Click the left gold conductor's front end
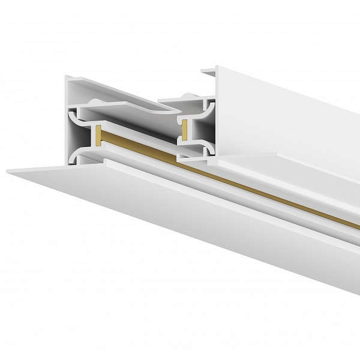click(96, 136)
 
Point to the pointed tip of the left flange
click(8, 172)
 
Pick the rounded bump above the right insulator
click(185, 95)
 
